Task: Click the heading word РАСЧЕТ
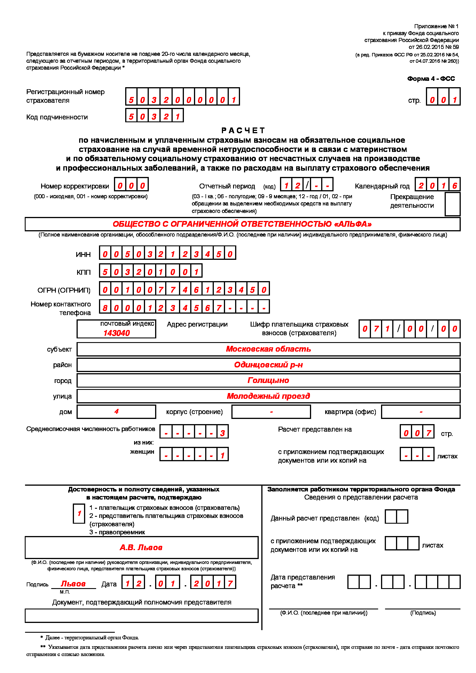[243, 130]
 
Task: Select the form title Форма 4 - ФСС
[431, 79]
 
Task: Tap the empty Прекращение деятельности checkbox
[452, 204]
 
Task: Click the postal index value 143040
[116, 333]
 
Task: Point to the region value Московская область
[268, 349]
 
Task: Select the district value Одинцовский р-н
[268, 365]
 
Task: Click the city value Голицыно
[268, 380]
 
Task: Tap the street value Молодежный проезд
[268, 396]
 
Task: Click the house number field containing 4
[116, 412]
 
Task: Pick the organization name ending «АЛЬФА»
[242, 224]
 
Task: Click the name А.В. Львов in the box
[141, 548]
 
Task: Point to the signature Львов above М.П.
[73, 584]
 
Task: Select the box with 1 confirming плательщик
[79, 514]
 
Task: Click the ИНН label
[83, 254]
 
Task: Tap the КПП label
[83, 272]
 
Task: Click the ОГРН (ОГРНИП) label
[64, 290]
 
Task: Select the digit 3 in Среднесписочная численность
[222, 433]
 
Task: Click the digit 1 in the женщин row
[222, 455]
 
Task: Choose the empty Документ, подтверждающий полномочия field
[142, 615]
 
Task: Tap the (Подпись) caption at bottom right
[423, 613]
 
